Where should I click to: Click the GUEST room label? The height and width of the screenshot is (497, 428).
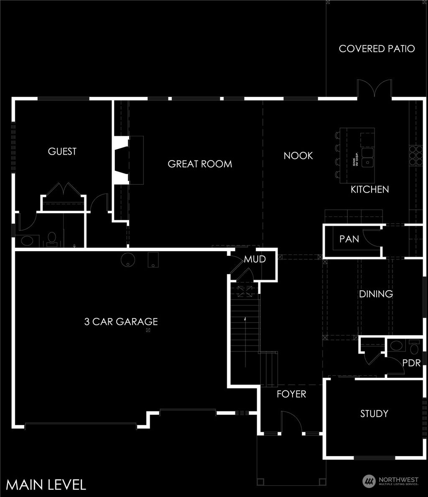click(62, 151)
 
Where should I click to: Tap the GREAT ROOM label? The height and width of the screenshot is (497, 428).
click(200, 164)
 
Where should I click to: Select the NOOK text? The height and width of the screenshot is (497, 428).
click(298, 155)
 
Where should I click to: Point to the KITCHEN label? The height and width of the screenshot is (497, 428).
click(369, 189)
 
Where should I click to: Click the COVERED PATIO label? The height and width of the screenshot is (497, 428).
click(377, 48)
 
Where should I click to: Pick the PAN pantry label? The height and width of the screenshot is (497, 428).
click(349, 239)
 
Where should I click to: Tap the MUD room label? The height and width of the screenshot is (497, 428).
click(255, 259)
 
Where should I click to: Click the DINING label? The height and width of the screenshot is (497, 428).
click(376, 294)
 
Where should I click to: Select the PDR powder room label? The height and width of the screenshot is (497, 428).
click(412, 363)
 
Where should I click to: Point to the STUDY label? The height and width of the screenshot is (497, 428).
click(374, 413)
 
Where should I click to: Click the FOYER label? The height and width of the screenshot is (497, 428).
click(291, 394)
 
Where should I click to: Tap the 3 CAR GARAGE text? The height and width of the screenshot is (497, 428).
click(121, 321)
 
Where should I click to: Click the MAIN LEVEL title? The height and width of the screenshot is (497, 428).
click(46, 484)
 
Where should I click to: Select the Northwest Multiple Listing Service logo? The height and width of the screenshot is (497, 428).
click(390, 481)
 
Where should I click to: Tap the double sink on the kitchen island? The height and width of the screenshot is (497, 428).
click(368, 157)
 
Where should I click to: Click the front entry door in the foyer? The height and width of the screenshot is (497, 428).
click(291, 422)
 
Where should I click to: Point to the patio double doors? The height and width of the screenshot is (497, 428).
click(374, 89)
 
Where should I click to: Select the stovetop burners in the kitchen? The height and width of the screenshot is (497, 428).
click(416, 155)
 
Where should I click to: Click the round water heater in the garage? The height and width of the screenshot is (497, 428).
click(128, 260)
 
